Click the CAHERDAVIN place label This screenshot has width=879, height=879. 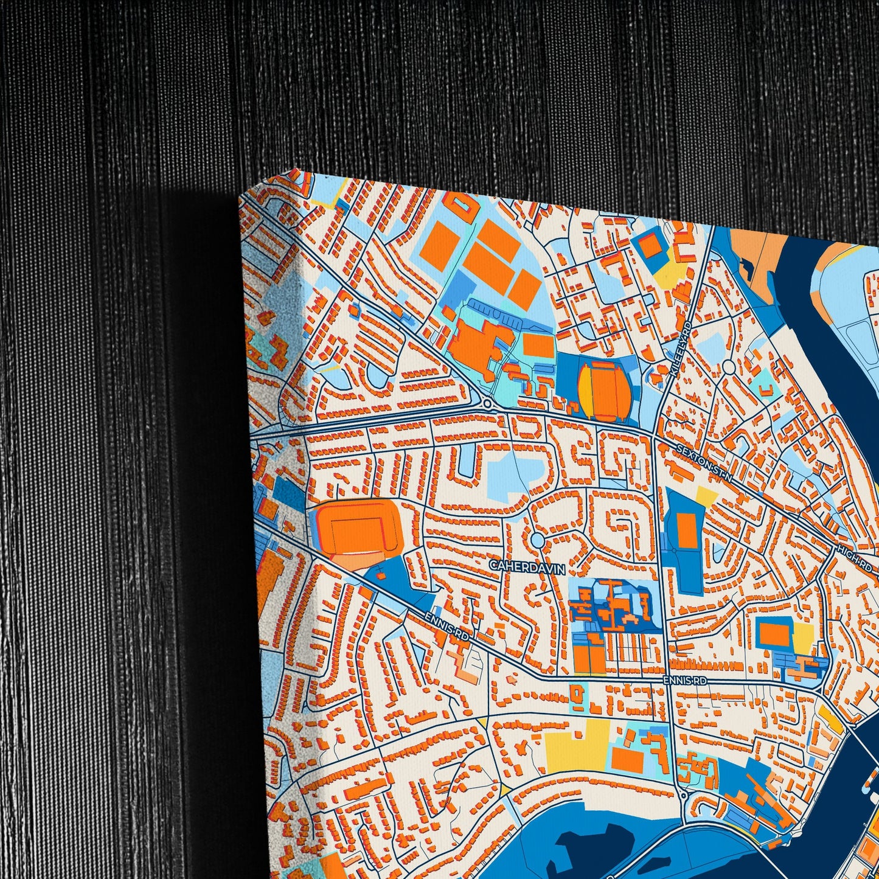[x=527, y=567]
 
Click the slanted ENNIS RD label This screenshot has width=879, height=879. [x=448, y=625]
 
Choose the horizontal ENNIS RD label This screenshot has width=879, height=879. [x=685, y=681]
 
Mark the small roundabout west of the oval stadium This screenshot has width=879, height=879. [x=487, y=403]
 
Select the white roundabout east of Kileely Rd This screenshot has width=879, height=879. [x=729, y=367]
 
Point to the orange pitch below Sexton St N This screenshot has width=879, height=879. [x=687, y=529]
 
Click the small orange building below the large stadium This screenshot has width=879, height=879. [x=380, y=573]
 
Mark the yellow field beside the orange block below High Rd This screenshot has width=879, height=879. [x=802, y=638]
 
